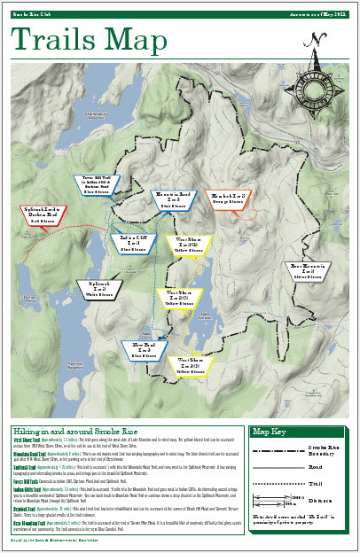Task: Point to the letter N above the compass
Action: [x=313, y=38]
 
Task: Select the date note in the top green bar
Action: [x=318, y=14]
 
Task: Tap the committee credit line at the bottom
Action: [x=58, y=539]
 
